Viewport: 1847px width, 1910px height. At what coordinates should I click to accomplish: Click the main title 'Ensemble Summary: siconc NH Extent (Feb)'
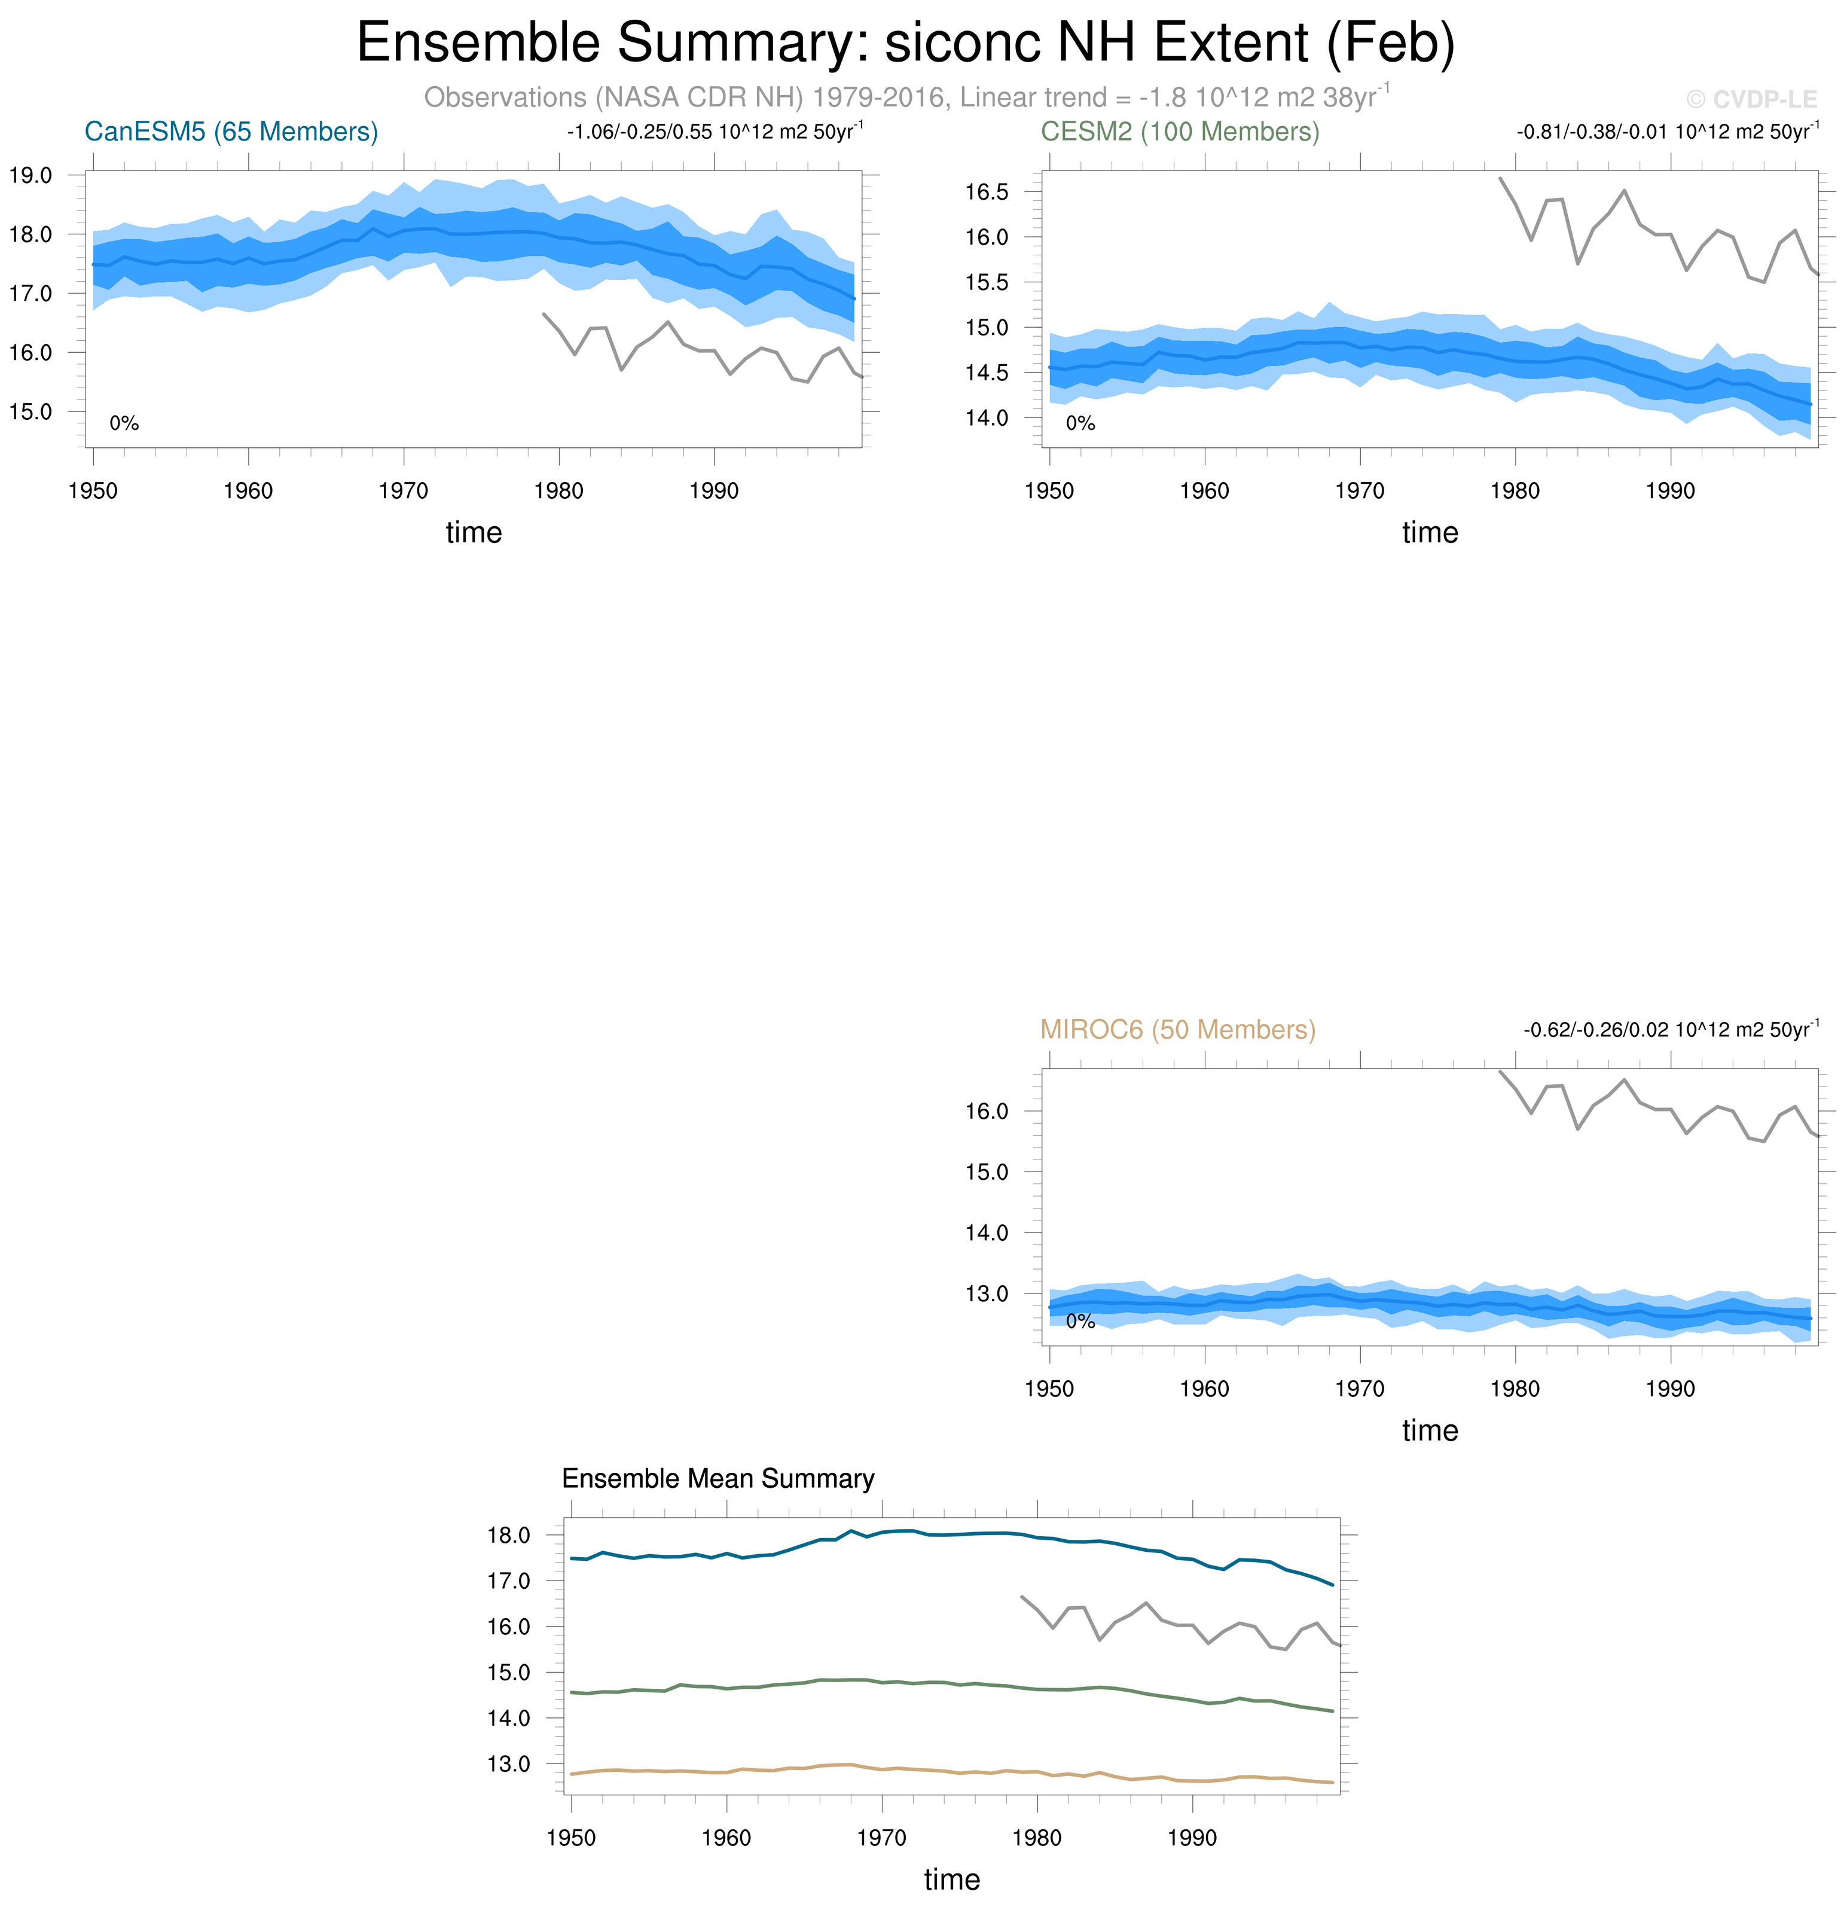pyautogui.click(x=905, y=43)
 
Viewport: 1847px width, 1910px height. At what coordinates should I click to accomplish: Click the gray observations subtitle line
pyautogui.click(x=906, y=97)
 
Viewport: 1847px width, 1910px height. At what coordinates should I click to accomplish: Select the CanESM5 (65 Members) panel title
pyautogui.click(x=231, y=132)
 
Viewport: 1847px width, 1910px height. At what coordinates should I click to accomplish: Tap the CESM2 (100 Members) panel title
pyautogui.click(x=1180, y=132)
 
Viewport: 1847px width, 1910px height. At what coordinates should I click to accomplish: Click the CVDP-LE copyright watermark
pyautogui.click(x=1751, y=99)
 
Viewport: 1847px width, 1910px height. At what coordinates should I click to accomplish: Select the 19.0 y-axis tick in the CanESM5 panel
pyautogui.click(x=30, y=175)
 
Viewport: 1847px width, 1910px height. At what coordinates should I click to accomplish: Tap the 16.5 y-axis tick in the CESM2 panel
pyautogui.click(x=986, y=192)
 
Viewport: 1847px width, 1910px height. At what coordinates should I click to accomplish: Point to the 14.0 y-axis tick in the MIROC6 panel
pyautogui.click(x=986, y=1232)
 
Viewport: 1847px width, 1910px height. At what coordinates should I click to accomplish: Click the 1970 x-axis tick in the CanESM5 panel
pyautogui.click(x=403, y=491)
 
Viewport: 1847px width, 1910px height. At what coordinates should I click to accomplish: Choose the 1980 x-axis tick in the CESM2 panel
pyautogui.click(x=1515, y=491)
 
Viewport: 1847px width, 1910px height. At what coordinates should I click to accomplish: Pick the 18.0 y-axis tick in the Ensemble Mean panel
pyautogui.click(x=508, y=1536)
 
